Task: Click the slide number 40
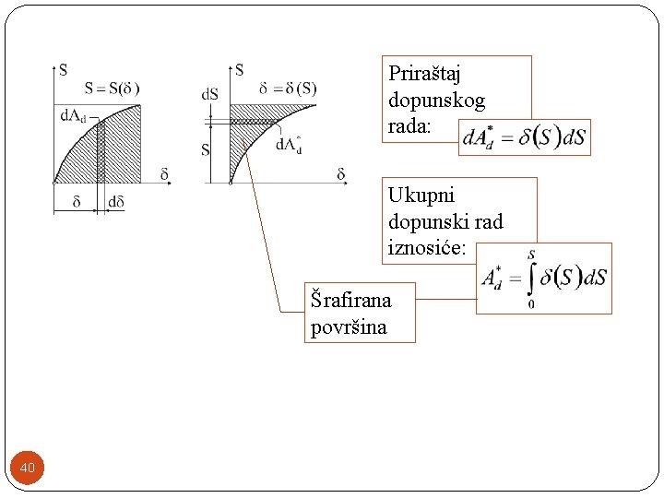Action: point(28,468)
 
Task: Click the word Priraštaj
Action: point(424,74)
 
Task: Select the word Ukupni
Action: point(421,196)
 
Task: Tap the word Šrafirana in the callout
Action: point(350,300)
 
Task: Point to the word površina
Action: point(349,326)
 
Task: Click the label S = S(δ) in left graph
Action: point(112,89)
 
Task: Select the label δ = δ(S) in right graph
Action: point(288,89)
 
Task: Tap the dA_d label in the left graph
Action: point(74,115)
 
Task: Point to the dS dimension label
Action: point(210,94)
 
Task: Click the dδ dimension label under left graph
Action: point(116,203)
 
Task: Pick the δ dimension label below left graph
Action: point(76,203)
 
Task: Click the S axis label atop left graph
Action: point(63,68)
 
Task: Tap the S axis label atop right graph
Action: point(240,68)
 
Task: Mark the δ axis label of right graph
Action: point(341,173)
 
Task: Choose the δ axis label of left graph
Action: point(164,173)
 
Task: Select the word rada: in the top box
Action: point(409,127)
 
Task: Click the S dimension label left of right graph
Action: point(206,149)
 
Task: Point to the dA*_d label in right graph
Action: point(288,143)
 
